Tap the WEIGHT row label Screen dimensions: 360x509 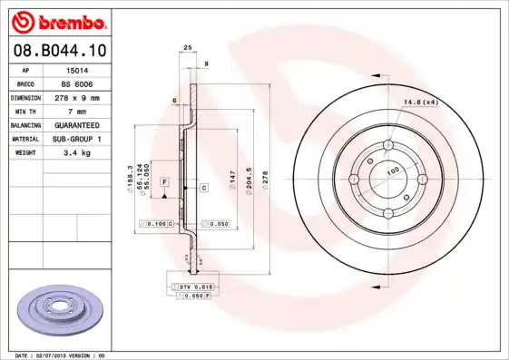pyautogui.click(x=25, y=153)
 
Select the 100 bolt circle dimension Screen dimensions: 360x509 pyautogui.click(x=393, y=170)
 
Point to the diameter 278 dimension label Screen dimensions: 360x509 pyautogui.click(x=264, y=178)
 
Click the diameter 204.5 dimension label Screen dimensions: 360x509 pyautogui.click(x=248, y=178)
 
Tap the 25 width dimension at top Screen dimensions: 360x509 pyautogui.click(x=188, y=46)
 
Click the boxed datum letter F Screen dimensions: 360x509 pyautogui.click(x=164, y=182)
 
